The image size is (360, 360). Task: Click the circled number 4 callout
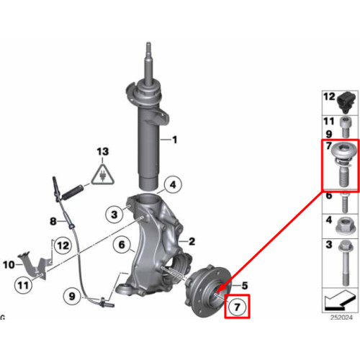173,185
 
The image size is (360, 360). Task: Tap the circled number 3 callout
114,214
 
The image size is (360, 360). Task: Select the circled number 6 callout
122,245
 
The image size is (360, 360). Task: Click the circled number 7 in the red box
237,307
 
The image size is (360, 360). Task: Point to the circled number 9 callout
72,297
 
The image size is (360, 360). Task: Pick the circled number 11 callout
23,285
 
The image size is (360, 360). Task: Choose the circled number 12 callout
63,246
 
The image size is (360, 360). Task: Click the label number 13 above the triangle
103,151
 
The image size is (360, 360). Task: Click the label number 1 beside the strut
175,140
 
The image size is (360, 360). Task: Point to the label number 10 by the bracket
9,265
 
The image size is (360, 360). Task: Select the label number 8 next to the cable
53,221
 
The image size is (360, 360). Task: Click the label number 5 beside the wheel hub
245,286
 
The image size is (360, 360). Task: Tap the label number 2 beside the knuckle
192,241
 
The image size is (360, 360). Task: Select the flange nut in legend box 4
345,225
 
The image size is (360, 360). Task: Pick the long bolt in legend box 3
345,263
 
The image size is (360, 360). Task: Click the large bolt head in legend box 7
344,152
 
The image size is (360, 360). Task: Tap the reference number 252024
341,318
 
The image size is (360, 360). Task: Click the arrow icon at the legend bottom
340,300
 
